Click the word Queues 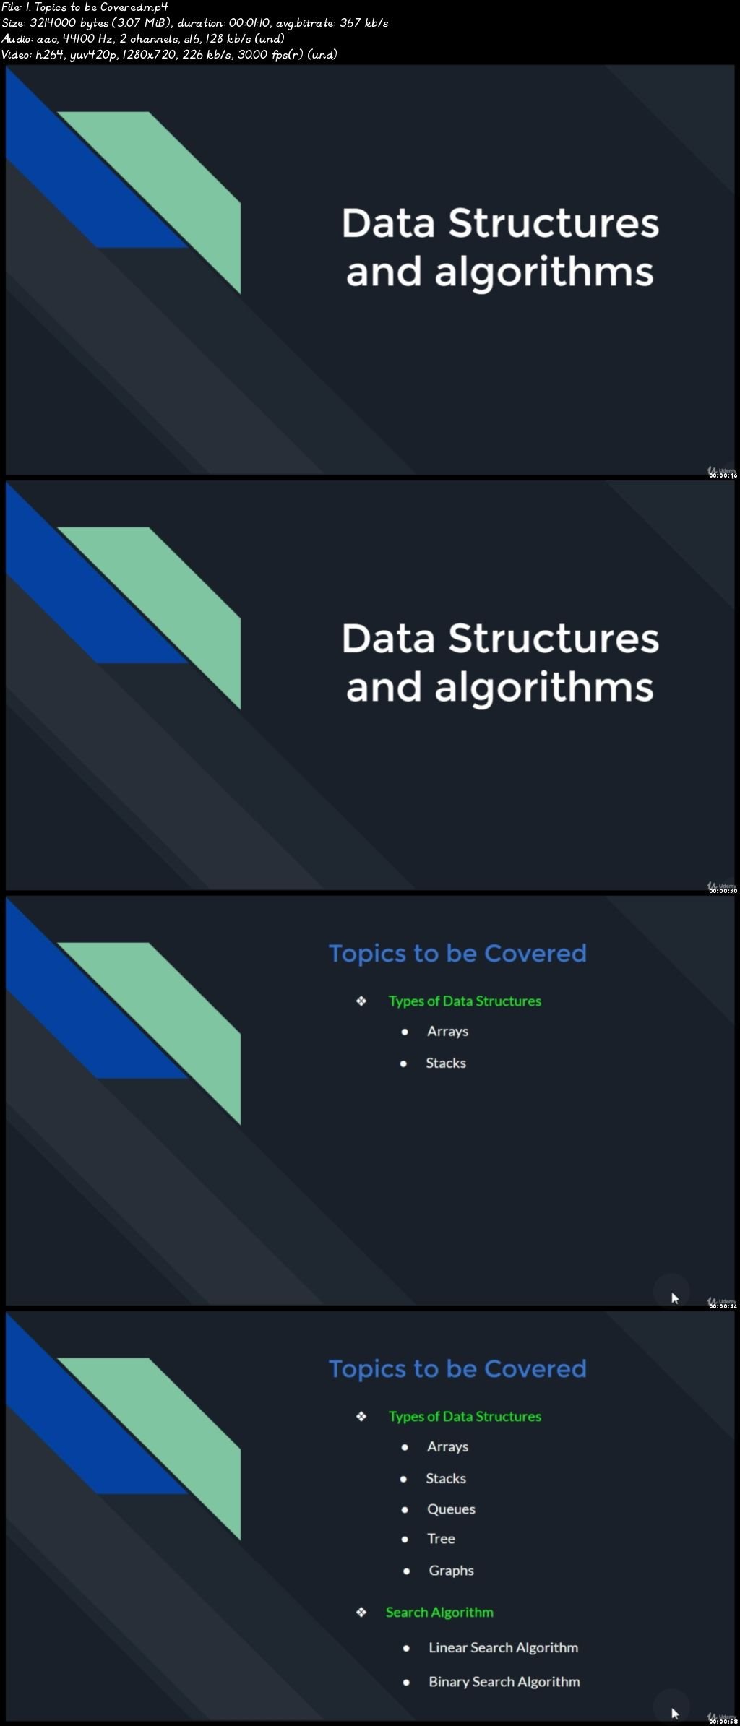point(451,1509)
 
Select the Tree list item point(441,1538)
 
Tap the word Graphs point(451,1570)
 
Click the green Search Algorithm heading point(439,1612)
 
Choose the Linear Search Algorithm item point(503,1647)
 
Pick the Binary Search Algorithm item point(504,1681)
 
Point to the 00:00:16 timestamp point(723,475)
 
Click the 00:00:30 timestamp point(723,891)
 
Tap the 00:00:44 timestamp point(723,1306)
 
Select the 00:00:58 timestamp point(723,1721)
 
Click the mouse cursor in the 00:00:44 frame point(674,1298)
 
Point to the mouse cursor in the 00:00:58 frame point(674,1713)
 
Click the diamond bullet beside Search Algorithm point(361,1612)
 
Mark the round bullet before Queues point(405,1509)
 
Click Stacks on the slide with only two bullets point(446,1063)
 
